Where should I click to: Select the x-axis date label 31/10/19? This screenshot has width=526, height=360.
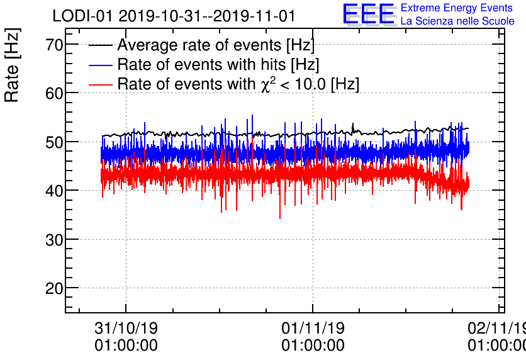(126, 329)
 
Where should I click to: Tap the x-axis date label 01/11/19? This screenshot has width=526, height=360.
(313, 329)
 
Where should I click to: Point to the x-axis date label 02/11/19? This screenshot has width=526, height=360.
(497, 329)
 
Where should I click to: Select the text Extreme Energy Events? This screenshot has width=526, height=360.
(457, 8)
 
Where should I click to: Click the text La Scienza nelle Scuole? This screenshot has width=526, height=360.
(457, 21)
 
